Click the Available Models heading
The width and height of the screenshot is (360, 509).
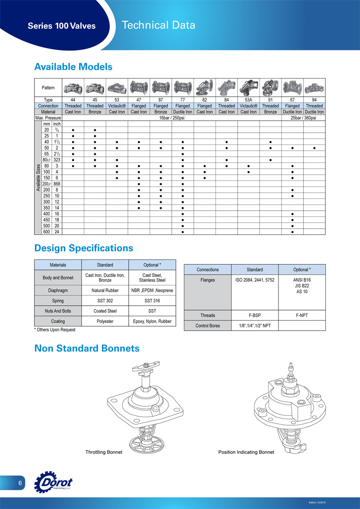click(x=73, y=67)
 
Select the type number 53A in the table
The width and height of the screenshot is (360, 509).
click(x=249, y=100)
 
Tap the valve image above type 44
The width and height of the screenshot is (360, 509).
click(x=73, y=88)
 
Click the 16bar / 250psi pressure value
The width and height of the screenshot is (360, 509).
click(x=171, y=117)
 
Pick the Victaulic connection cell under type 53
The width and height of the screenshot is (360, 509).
click(x=117, y=106)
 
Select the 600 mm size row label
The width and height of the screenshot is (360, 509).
click(x=46, y=232)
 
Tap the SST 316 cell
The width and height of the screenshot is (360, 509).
click(x=152, y=301)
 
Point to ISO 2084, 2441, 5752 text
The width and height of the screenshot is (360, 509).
click(x=255, y=280)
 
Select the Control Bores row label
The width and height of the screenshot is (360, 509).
click(x=208, y=326)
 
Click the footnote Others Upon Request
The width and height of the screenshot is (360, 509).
click(x=55, y=330)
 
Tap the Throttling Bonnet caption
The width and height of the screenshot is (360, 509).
click(x=104, y=452)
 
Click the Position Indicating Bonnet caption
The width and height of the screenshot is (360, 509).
click(x=246, y=452)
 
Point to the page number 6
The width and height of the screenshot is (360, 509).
click(x=20, y=483)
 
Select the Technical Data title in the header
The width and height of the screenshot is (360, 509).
click(x=158, y=26)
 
